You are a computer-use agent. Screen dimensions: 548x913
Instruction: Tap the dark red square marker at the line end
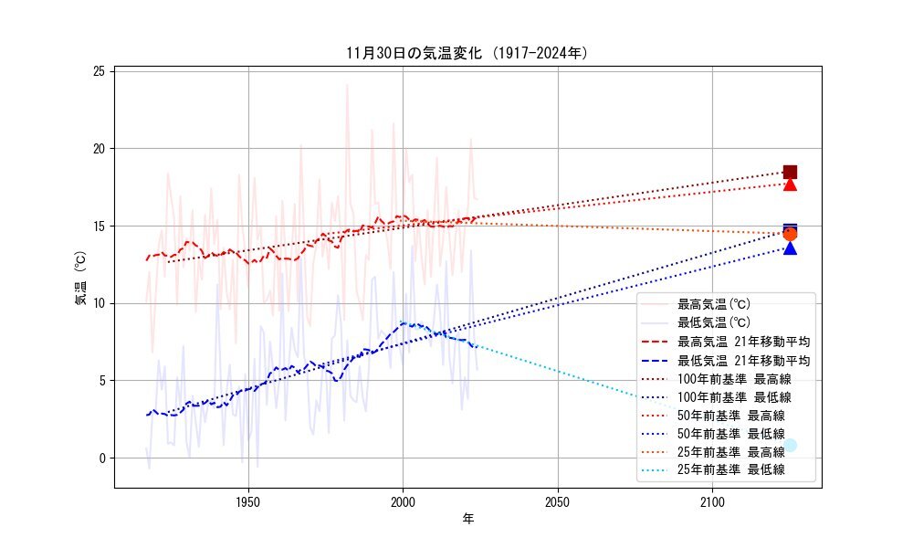pyautogui.click(x=790, y=172)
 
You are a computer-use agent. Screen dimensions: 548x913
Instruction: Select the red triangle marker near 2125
pyautogui.click(x=790, y=184)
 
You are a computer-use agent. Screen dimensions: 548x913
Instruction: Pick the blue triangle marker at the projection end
pyautogui.click(x=790, y=248)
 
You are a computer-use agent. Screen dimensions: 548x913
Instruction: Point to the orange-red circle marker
pyautogui.click(x=790, y=234)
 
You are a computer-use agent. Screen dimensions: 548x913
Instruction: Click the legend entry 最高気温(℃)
pyautogui.click(x=713, y=303)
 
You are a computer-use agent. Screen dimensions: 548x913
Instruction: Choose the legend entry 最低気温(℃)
pyautogui.click(x=713, y=321)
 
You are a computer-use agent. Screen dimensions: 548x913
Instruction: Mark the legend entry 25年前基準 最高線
pyautogui.click(x=730, y=451)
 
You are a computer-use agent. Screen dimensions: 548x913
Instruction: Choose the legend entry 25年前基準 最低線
pyautogui.click(x=730, y=470)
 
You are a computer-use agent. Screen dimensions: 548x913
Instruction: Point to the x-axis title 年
pyautogui.click(x=467, y=520)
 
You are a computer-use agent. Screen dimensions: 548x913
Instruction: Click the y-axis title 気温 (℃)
pyautogui.click(x=80, y=279)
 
